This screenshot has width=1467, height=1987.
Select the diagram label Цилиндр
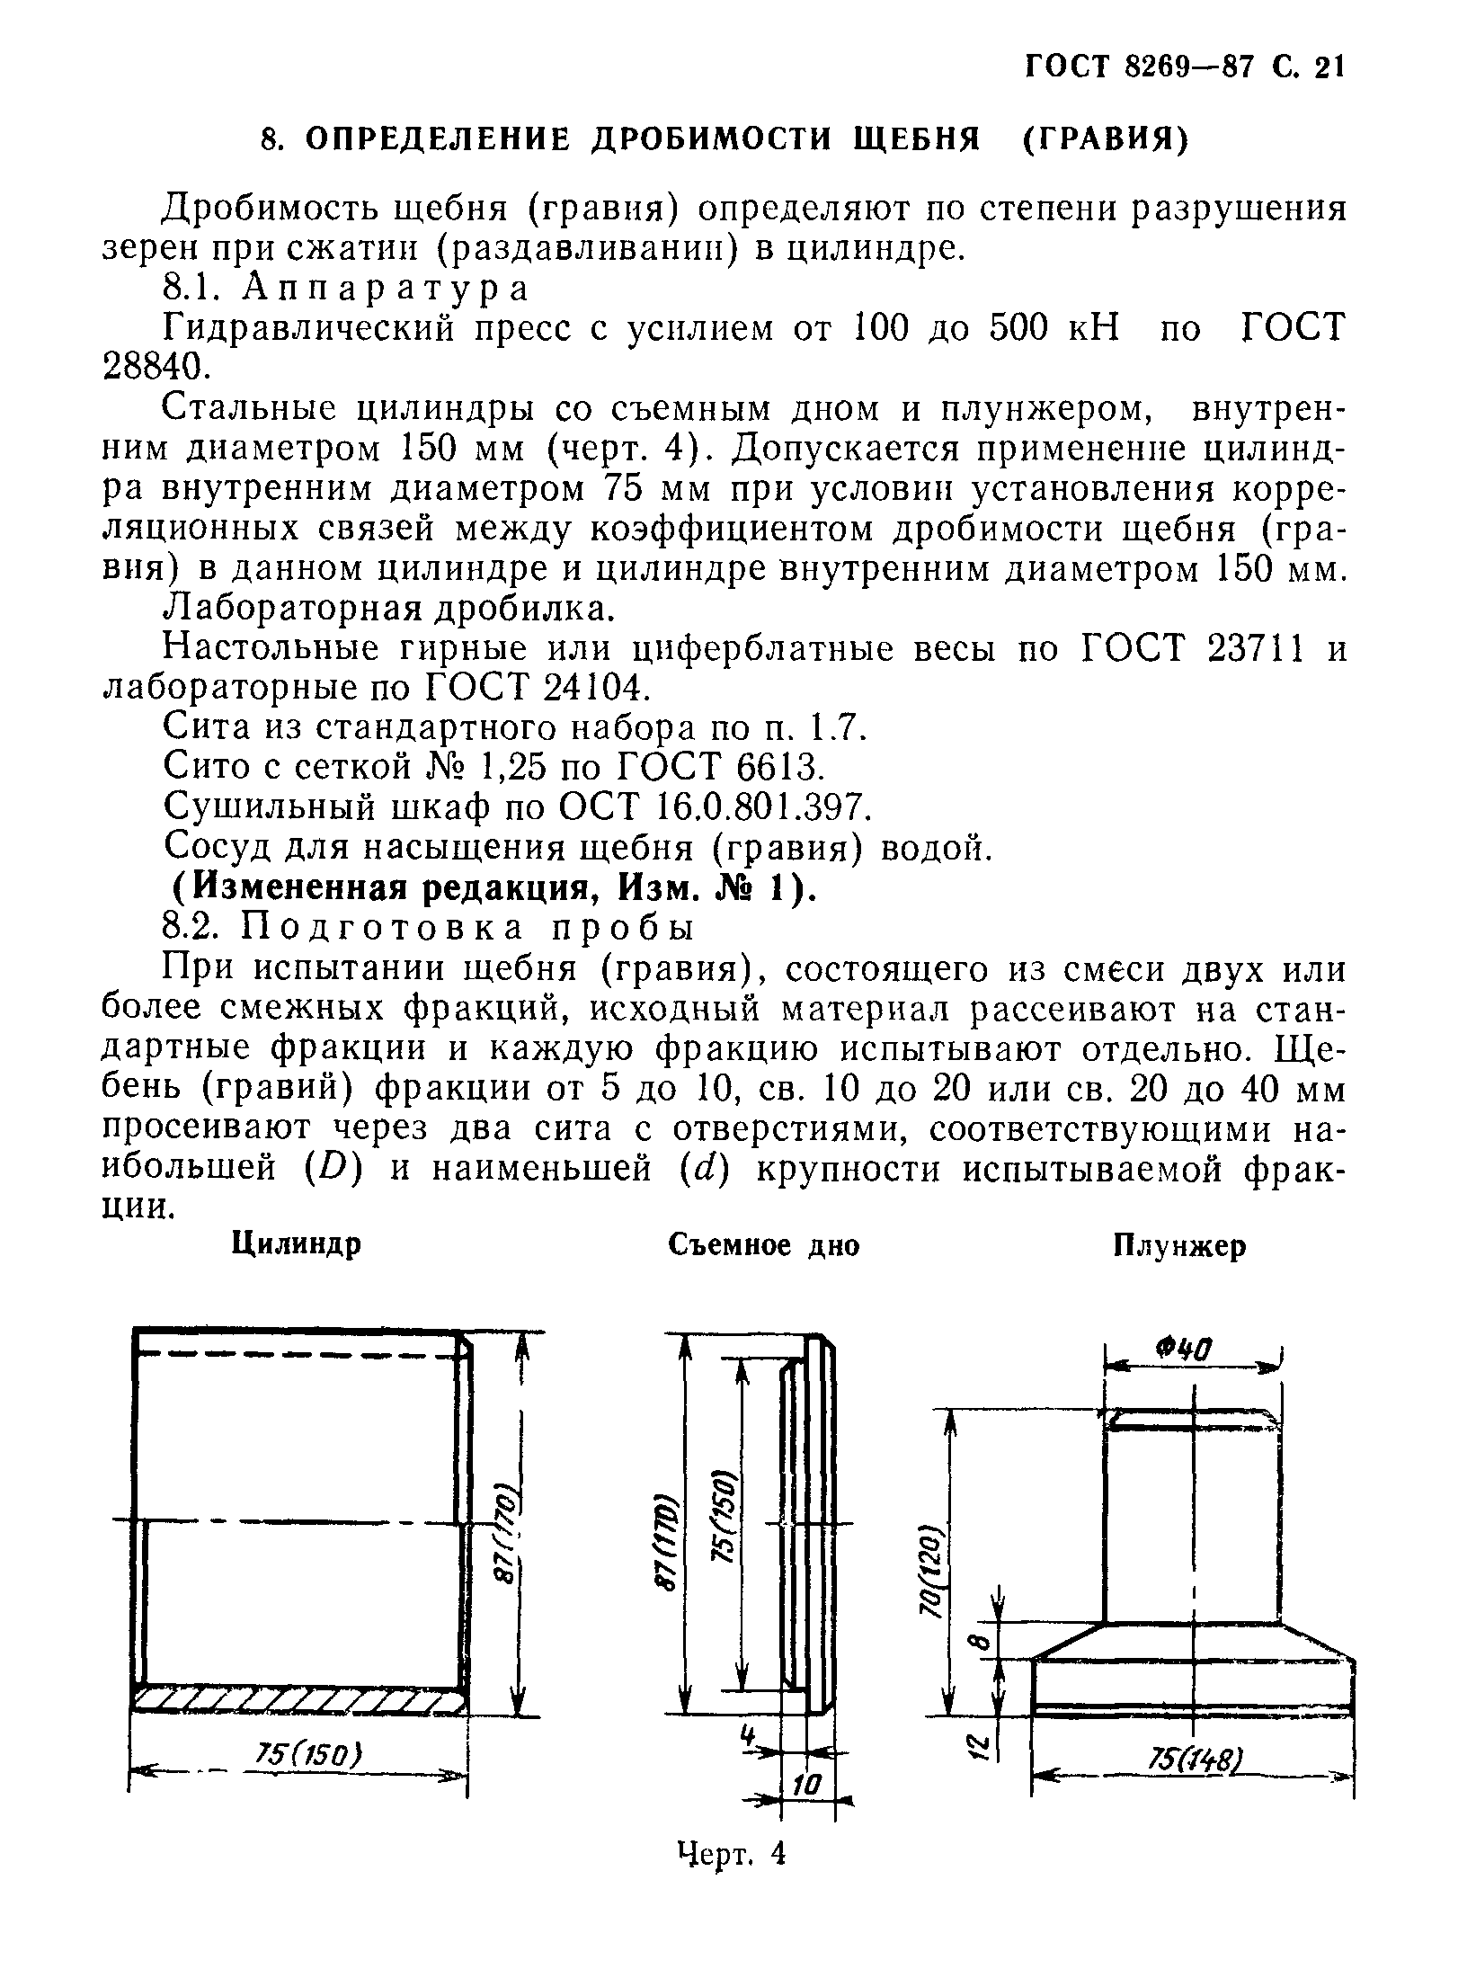pos(297,1245)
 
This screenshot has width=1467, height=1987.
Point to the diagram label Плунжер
pos(1179,1245)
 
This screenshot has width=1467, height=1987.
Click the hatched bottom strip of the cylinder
pos(299,1698)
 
